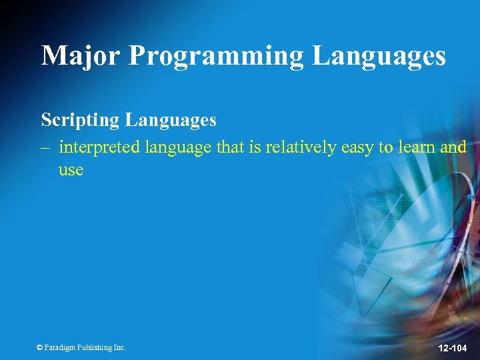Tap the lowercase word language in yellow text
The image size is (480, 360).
[x=178, y=148]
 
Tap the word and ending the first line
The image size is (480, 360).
[x=453, y=147]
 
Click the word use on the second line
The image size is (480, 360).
[x=71, y=170]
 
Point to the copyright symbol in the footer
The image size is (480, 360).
[x=39, y=347]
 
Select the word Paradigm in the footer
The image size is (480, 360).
[x=61, y=347]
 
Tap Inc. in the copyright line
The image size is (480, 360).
[x=119, y=347]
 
